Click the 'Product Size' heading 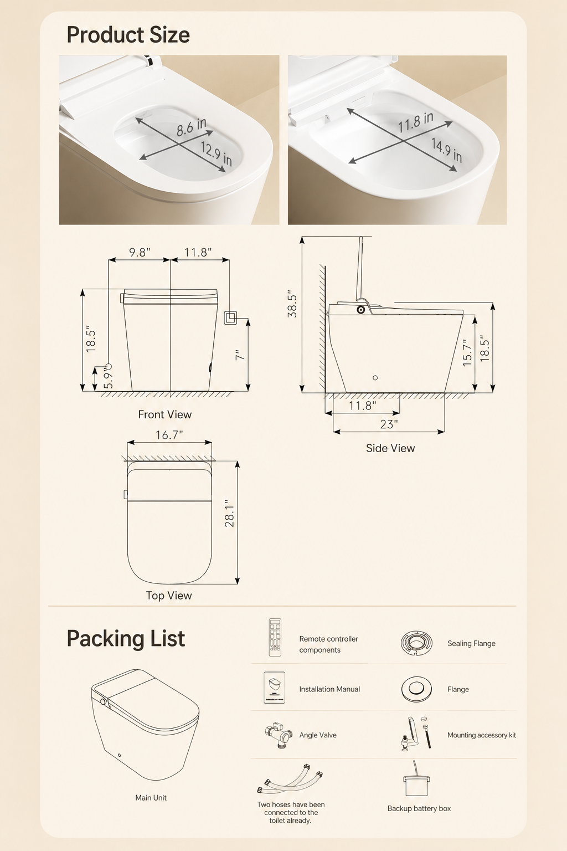pyautogui.click(x=128, y=35)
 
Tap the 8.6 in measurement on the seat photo pyautogui.click(x=192, y=127)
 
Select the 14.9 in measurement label pyautogui.click(x=447, y=150)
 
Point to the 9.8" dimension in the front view pyautogui.click(x=140, y=252)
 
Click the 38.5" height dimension pyautogui.click(x=292, y=304)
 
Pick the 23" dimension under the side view pyautogui.click(x=389, y=424)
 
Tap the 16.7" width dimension pyautogui.click(x=169, y=435)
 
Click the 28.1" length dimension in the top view pyautogui.click(x=229, y=513)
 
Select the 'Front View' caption pyautogui.click(x=165, y=414)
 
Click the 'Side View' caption pyautogui.click(x=390, y=448)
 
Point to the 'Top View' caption pyautogui.click(x=169, y=596)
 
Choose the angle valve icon pyautogui.click(x=279, y=735)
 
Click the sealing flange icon pyautogui.click(x=416, y=643)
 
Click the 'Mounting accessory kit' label pyautogui.click(x=482, y=735)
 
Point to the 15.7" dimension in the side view pyautogui.click(x=467, y=353)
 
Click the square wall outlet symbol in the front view pyautogui.click(x=230, y=317)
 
